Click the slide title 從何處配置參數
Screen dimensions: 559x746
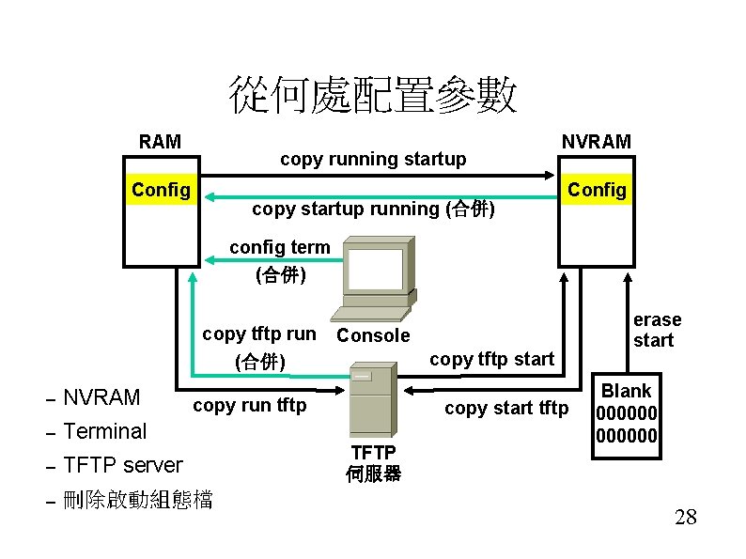click(372, 95)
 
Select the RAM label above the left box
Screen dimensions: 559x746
click(160, 142)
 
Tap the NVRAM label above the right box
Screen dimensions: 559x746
click(597, 142)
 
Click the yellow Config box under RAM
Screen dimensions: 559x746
click(161, 191)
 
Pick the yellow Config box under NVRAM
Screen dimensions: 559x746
click(597, 191)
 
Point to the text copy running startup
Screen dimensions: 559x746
click(373, 159)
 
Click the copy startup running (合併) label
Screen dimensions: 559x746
click(373, 209)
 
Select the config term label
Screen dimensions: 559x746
click(280, 247)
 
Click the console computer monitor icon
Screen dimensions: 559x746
click(376, 277)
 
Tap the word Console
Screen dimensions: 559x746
click(373, 335)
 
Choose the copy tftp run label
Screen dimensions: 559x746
click(259, 334)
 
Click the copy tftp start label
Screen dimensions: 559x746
click(491, 358)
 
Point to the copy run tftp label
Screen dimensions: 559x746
click(249, 405)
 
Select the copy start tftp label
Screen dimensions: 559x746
click(506, 408)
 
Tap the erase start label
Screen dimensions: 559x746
click(657, 330)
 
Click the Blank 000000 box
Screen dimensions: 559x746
click(626, 413)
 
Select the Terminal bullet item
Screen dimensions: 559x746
click(104, 431)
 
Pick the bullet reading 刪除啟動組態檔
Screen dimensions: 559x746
click(137, 500)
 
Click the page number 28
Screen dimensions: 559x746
click(685, 516)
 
